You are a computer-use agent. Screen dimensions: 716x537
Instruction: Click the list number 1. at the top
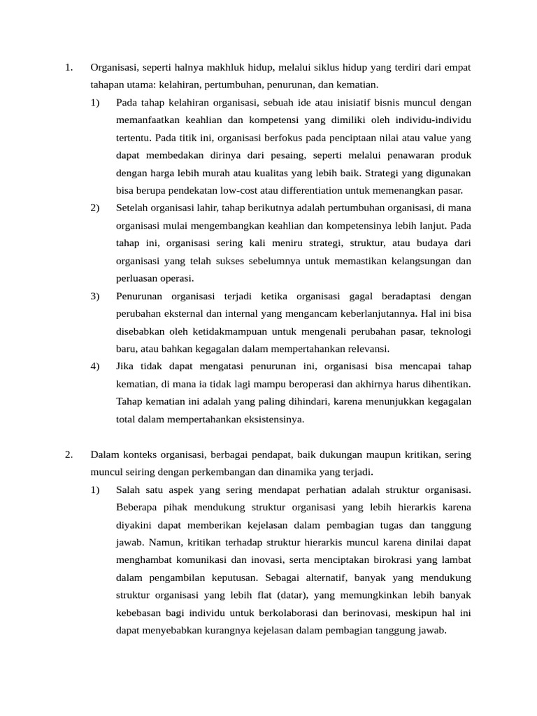[x=69, y=68]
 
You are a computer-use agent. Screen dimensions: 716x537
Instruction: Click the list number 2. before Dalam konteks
[x=69, y=454]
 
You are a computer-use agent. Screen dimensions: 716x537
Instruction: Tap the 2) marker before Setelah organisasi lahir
[x=95, y=208]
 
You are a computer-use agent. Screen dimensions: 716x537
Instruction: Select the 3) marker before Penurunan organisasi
[x=95, y=296]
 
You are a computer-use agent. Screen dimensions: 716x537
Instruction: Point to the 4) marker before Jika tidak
[x=95, y=366]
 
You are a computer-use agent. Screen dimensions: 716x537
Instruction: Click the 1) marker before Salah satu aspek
[x=95, y=489]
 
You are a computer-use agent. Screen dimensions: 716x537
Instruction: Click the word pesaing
[x=285, y=155]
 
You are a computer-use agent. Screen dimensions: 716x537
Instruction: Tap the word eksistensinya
[x=271, y=420]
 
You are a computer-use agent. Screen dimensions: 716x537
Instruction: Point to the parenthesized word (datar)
[x=288, y=595]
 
